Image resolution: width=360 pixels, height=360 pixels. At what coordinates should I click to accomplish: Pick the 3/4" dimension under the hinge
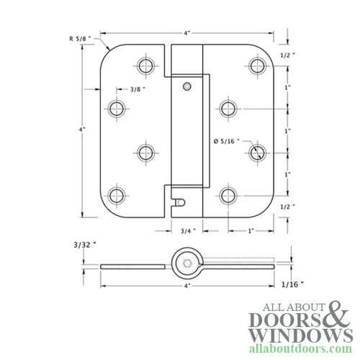click(x=186, y=232)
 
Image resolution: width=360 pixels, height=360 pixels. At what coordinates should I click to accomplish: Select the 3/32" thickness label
click(x=84, y=243)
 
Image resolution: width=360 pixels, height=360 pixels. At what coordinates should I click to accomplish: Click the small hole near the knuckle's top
click(x=187, y=86)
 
